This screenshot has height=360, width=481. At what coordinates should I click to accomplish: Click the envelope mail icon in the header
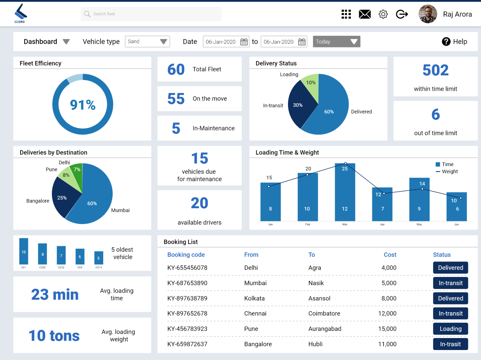pos(365,14)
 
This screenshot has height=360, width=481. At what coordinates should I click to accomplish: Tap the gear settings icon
pos(383,14)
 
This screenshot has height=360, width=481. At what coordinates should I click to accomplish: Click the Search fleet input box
pos(151,14)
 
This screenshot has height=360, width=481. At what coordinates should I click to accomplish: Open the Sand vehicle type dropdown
pos(147,41)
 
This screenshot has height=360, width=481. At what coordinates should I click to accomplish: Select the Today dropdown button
pos(336,41)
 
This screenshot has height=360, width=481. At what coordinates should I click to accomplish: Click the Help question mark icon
pos(446,41)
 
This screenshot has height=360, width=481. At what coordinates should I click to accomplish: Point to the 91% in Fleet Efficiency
pos(83,105)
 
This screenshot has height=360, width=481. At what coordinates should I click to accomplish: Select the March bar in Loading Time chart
pos(345,192)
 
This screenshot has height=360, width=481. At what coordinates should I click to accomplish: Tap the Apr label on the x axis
pos(382,224)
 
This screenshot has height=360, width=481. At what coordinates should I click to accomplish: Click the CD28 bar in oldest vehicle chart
pos(42,254)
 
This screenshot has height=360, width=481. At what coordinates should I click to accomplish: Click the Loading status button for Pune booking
pos(450,329)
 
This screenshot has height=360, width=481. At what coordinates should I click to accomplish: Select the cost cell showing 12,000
pos(387,313)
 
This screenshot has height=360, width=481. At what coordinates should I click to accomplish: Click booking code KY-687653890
pos(187,283)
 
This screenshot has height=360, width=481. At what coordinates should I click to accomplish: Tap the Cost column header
pos(390,255)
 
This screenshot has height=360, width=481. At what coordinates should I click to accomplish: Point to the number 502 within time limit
pos(435,70)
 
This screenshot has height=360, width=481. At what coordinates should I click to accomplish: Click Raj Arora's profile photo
pos(427,14)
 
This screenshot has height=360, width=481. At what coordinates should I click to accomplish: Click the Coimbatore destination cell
pos(324,313)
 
